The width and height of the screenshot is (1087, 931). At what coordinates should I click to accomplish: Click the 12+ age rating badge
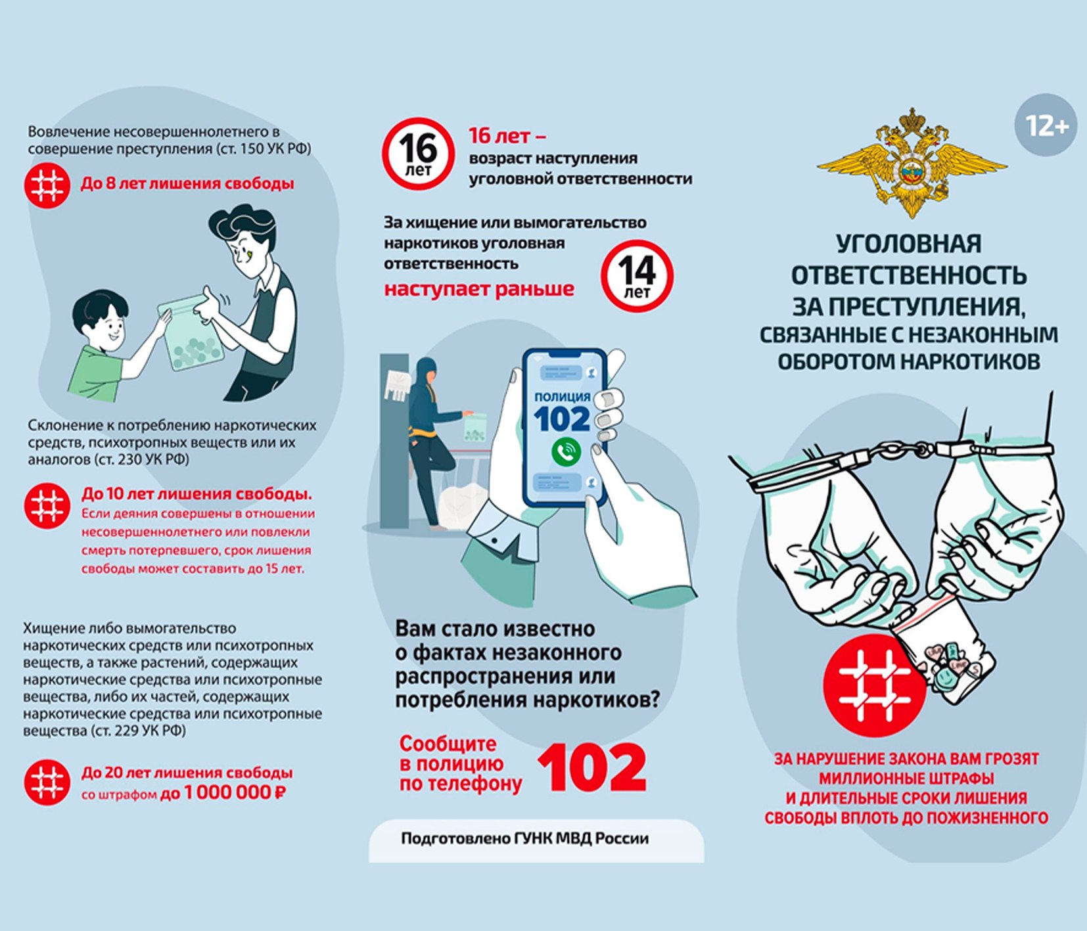[1046, 125]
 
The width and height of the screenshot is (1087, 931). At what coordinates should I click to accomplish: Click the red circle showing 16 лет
[419, 154]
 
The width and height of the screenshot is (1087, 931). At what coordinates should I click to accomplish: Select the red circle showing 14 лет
[637, 276]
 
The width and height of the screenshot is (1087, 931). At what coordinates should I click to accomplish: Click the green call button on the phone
[566, 452]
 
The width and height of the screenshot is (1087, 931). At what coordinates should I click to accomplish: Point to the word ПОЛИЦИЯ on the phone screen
[563, 397]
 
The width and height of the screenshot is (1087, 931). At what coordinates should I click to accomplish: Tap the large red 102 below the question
[592, 767]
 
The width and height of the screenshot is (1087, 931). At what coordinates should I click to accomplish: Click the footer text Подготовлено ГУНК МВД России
[524, 838]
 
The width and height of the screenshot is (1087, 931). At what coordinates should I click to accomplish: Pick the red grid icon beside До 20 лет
[47, 783]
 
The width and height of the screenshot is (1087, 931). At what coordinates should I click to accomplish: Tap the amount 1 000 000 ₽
[235, 793]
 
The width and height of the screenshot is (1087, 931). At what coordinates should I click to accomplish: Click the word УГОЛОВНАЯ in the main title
[909, 244]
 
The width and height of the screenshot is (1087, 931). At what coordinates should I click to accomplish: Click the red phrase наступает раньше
[479, 289]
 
